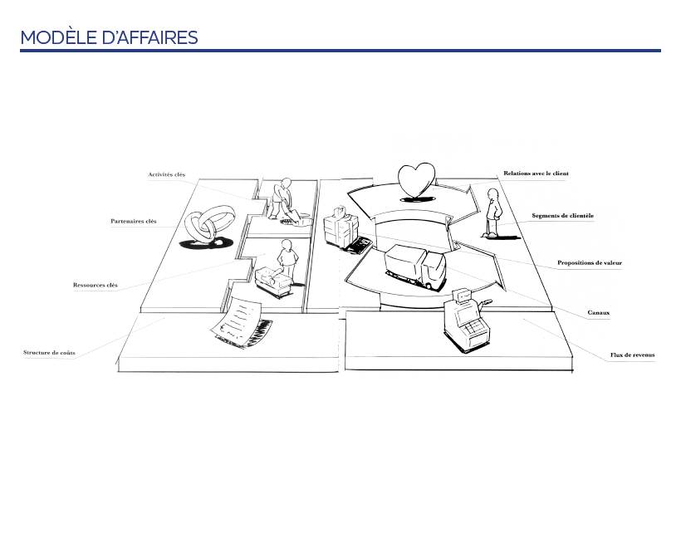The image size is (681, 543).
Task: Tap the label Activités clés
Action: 166,174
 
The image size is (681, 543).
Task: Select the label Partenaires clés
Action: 133,221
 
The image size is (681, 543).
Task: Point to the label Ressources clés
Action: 95,285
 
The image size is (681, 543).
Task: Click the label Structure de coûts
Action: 49,353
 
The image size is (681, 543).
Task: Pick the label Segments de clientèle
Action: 562,216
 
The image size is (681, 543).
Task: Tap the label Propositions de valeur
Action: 589,263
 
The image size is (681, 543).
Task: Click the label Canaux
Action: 598,313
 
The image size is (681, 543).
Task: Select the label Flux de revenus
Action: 632,355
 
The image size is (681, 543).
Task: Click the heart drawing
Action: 415,180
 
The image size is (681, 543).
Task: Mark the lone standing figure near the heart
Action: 493,213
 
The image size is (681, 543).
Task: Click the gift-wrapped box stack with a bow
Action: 340,226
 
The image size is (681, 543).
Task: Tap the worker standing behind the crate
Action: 287,258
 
